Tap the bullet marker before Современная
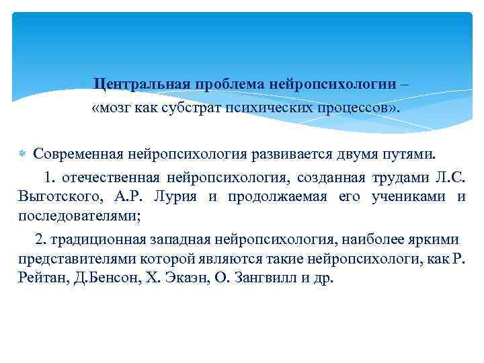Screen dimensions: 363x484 (x=23, y=154)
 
